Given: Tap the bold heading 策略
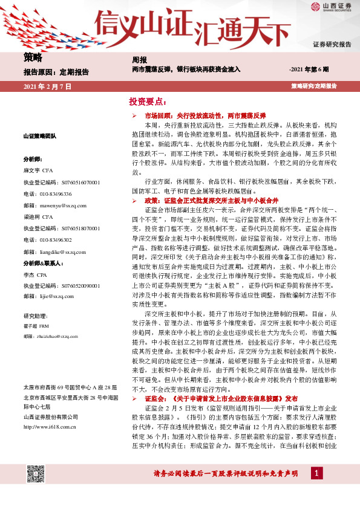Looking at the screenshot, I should click(x=33, y=58).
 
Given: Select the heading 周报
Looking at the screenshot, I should click(x=139, y=60).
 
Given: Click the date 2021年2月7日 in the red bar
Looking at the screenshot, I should click(x=47, y=87).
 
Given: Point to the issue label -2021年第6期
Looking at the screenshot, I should click(x=309, y=70).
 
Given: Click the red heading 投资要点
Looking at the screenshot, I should click(x=147, y=102).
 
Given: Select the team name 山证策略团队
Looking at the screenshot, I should click(x=40, y=137).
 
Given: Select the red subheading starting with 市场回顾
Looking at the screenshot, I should click(x=205, y=115).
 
